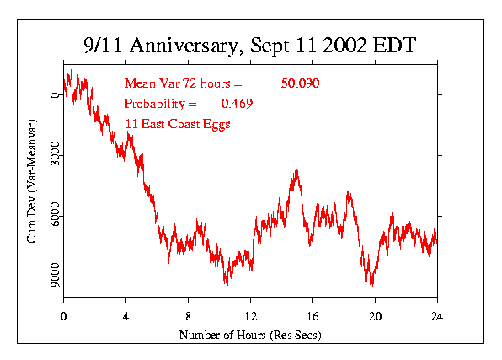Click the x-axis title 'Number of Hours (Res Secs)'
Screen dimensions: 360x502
(x=249, y=335)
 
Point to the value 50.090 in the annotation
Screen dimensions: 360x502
(x=301, y=83)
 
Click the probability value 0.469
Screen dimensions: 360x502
(x=237, y=104)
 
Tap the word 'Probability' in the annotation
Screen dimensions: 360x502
(x=156, y=104)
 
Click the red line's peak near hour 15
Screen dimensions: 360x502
(x=296, y=169)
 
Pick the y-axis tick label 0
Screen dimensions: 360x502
(x=54, y=94)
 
